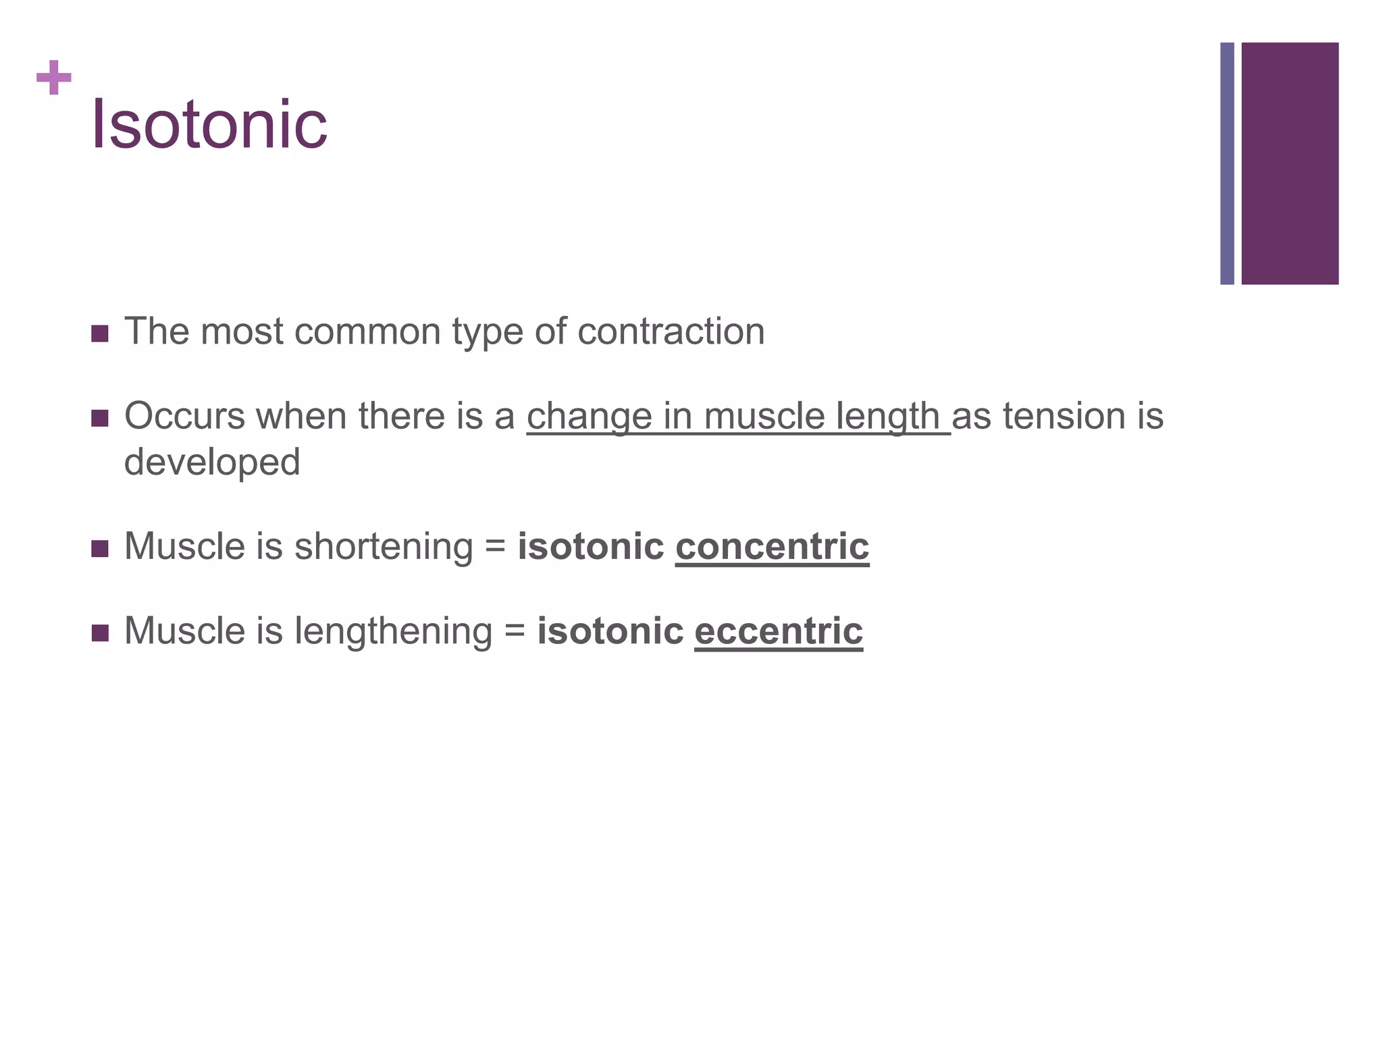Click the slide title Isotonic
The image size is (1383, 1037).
pyautogui.click(x=209, y=125)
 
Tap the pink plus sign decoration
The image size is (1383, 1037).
pyautogui.click(x=54, y=78)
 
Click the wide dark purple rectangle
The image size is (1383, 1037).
pyautogui.click(x=1290, y=163)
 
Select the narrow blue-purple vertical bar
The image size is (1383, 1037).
pyautogui.click(x=1227, y=163)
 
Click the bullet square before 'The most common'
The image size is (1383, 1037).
pyautogui.click(x=99, y=334)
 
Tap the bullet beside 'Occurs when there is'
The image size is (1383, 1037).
pyautogui.click(x=99, y=419)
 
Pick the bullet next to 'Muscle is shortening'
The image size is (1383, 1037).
pyautogui.click(x=99, y=548)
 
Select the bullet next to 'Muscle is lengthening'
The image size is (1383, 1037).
pyautogui.click(x=99, y=633)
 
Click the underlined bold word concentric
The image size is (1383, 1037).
pyautogui.click(x=772, y=546)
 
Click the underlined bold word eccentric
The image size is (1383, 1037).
pyautogui.click(x=779, y=631)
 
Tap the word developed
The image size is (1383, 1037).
pyautogui.click(x=212, y=462)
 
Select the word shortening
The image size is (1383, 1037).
pyautogui.click(x=384, y=548)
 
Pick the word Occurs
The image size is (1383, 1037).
pyautogui.click(x=184, y=417)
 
